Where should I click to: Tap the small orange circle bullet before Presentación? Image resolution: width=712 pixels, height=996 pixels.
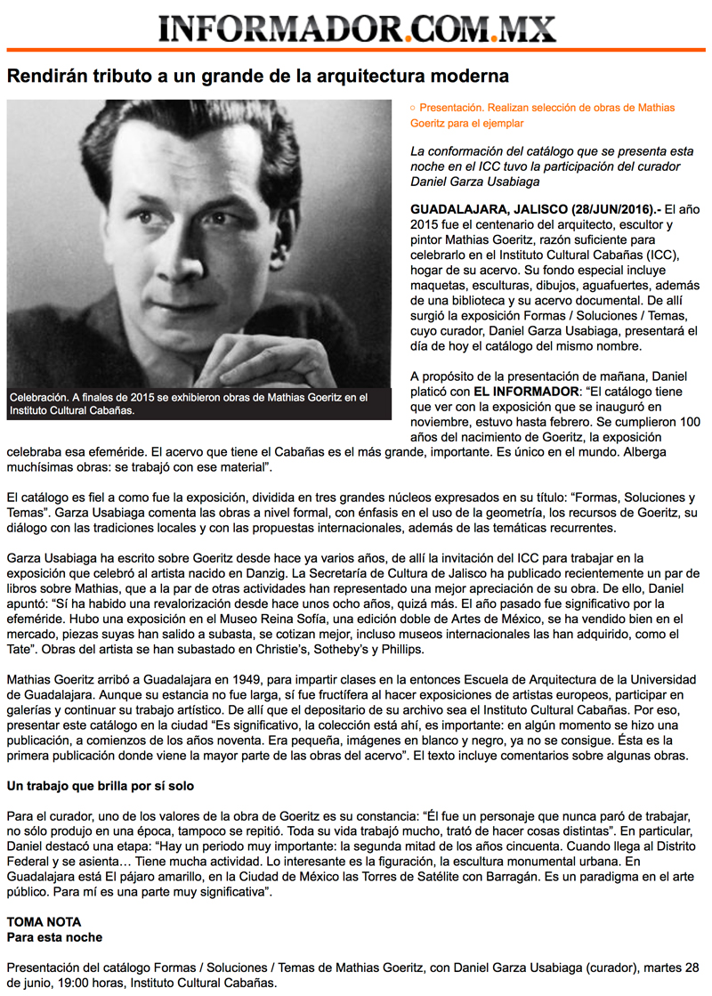(x=412, y=107)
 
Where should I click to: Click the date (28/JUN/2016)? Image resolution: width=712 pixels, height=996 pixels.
(x=611, y=207)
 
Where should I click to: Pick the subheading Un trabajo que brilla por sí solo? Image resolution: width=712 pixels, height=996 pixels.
(x=101, y=787)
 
